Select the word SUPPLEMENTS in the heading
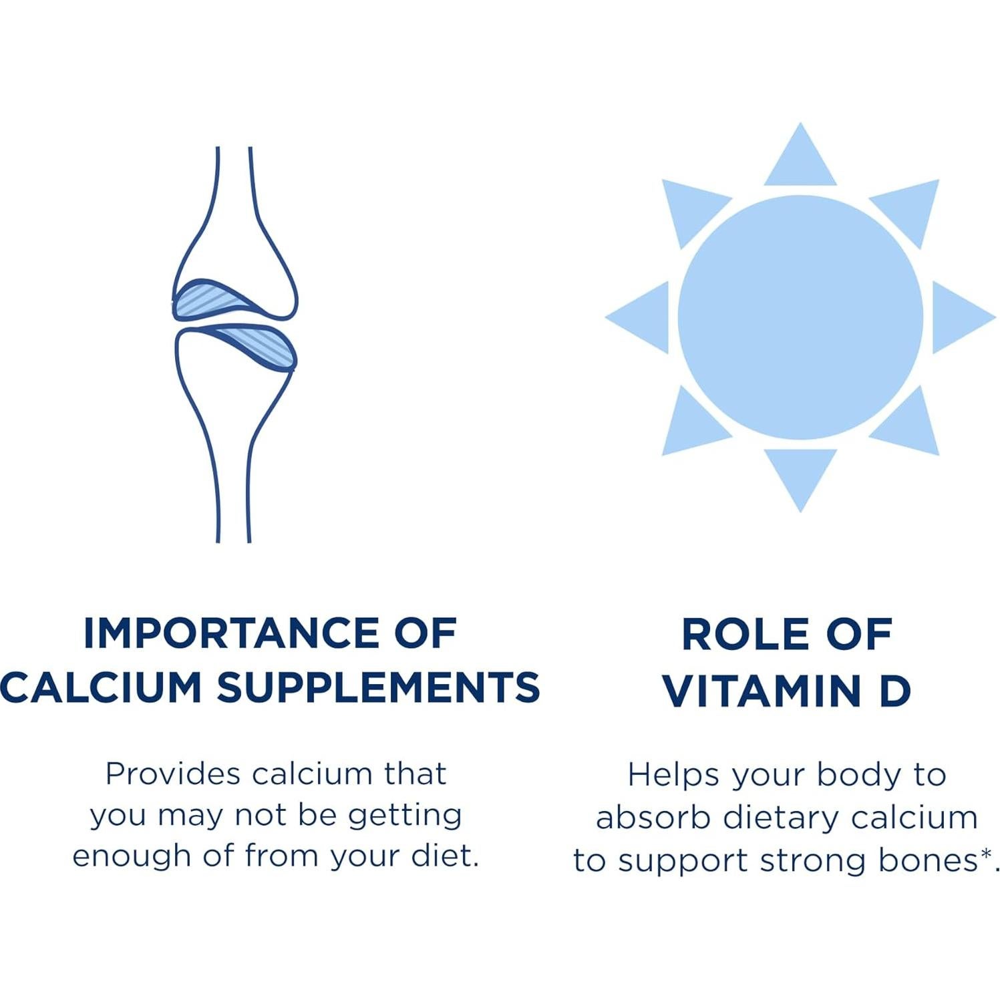379,687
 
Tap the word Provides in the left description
173,774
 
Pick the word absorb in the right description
652,818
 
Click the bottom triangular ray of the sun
800,480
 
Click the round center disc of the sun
800,317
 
